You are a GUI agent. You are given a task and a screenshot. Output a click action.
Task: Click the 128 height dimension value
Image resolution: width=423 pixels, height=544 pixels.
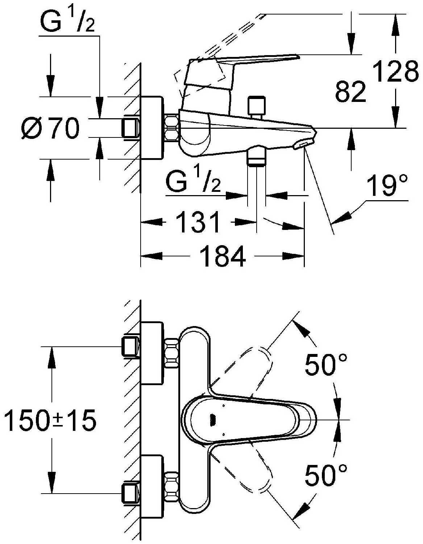tap(395, 71)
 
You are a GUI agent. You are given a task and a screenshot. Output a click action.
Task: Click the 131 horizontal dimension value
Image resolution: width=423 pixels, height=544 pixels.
tap(198, 222)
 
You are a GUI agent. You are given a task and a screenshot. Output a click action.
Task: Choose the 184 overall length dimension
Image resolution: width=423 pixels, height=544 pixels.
tap(223, 256)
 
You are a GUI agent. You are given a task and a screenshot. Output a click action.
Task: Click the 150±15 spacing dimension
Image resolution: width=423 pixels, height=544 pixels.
tap(50, 420)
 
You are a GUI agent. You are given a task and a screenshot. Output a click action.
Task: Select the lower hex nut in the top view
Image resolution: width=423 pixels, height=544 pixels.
tap(171, 487)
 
